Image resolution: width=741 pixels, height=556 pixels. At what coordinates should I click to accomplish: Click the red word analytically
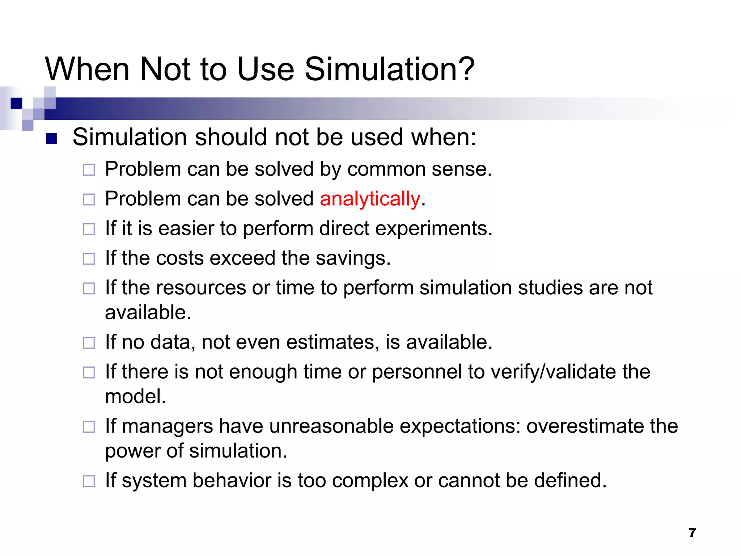pos(370,199)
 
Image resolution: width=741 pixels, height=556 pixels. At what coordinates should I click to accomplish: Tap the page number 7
pos(692,533)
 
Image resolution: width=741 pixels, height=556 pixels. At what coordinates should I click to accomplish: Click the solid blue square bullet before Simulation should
pos(51,139)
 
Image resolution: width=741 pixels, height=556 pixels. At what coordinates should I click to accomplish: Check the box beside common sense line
pos(89,170)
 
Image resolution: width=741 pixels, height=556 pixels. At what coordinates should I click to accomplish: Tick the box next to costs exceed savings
pos(89,259)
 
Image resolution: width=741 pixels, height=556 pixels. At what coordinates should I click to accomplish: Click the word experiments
pos(433,229)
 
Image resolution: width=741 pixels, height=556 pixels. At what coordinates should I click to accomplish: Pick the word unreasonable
pos(331,426)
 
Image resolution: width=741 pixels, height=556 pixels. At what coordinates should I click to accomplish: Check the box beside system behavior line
pos(89,481)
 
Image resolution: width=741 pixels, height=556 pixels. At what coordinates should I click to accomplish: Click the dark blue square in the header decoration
pos(17,103)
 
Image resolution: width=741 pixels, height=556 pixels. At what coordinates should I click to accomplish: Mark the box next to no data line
pos(89,343)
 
